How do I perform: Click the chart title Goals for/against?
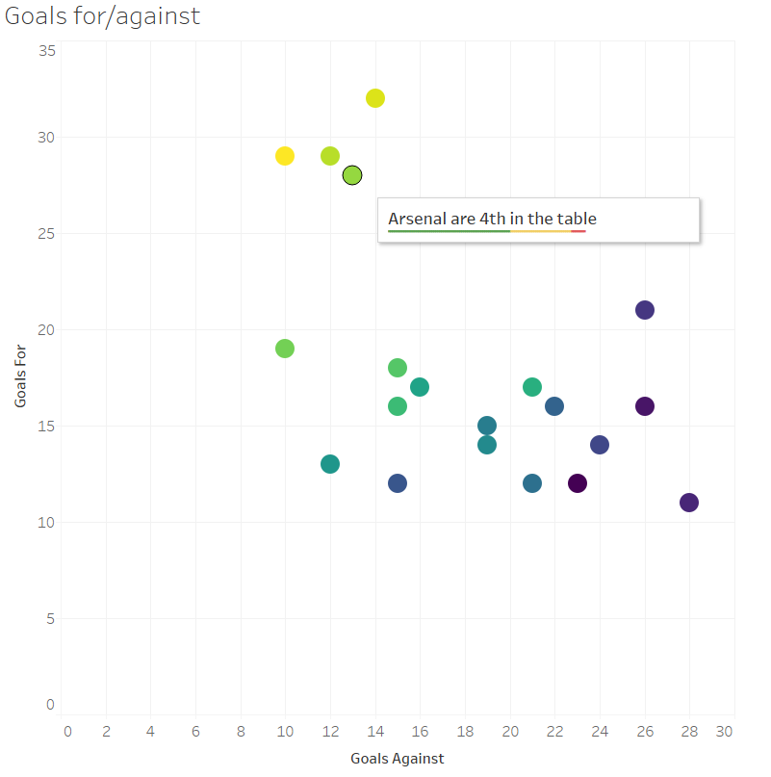(103, 16)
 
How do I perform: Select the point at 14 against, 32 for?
(375, 98)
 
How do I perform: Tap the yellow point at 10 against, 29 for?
(285, 156)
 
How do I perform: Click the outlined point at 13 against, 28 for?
(352, 175)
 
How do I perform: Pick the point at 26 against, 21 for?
(645, 310)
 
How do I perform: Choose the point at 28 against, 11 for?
(689, 503)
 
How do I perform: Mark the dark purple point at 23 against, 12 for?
(578, 483)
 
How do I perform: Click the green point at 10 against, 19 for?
(285, 349)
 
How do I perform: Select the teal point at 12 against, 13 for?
(330, 464)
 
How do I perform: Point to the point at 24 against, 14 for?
(600, 445)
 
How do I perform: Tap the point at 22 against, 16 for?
(554, 406)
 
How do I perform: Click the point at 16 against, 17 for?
(420, 387)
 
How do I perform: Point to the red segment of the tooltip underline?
(578, 231)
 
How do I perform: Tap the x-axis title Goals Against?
(398, 759)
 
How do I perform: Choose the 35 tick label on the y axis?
(46, 50)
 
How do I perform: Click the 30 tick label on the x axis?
(725, 732)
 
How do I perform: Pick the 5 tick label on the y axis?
(50, 618)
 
